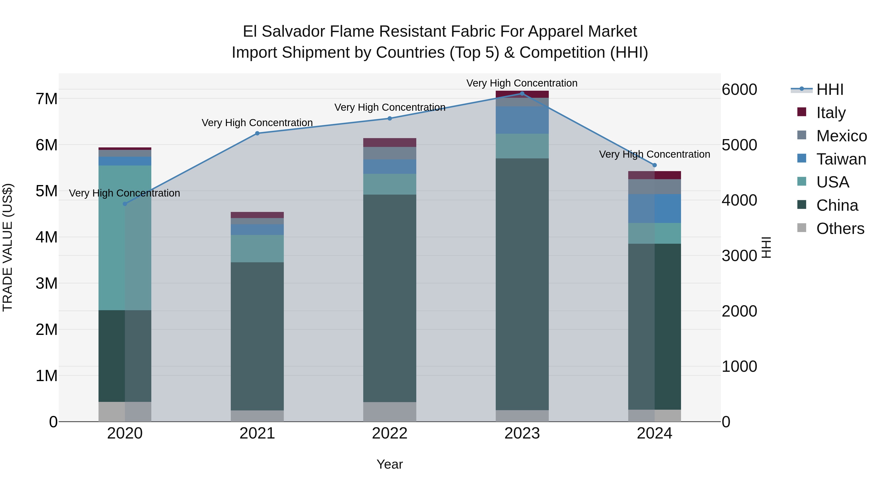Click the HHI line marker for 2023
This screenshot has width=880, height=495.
click(x=522, y=94)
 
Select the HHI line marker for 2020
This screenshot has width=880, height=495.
click(x=125, y=204)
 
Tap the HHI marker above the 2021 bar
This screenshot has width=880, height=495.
click(x=257, y=133)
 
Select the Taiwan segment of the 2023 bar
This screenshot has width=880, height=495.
click(x=522, y=120)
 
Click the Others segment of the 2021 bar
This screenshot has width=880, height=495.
click(x=257, y=416)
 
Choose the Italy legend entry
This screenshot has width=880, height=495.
click(x=831, y=113)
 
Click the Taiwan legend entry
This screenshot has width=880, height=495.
click(x=841, y=159)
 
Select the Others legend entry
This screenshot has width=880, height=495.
click(x=840, y=229)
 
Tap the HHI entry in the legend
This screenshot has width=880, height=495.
click(x=830, y=89)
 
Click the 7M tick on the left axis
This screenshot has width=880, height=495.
click(x=47, y=99)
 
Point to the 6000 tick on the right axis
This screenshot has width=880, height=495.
click(x=739, y=89)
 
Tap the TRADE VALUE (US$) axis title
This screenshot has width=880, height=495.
click(x=8, y=247)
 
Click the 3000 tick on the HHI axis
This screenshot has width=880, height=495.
click(x=739, y=256)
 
